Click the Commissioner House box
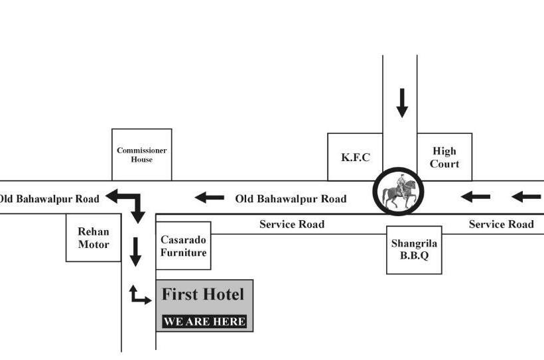141,154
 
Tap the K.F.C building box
355,157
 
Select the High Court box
444,157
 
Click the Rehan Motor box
94,237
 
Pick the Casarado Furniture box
183,245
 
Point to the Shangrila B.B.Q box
414,249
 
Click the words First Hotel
203,294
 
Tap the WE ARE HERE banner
204,322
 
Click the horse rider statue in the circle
400,192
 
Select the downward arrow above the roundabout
401,102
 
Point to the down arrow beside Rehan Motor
135,251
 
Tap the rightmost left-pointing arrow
527,196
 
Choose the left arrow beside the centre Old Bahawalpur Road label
209,198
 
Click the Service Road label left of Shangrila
292,224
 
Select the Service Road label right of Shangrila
501,224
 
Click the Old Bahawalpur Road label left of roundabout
291,198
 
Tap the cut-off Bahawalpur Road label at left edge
49,198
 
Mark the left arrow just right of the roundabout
476,196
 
